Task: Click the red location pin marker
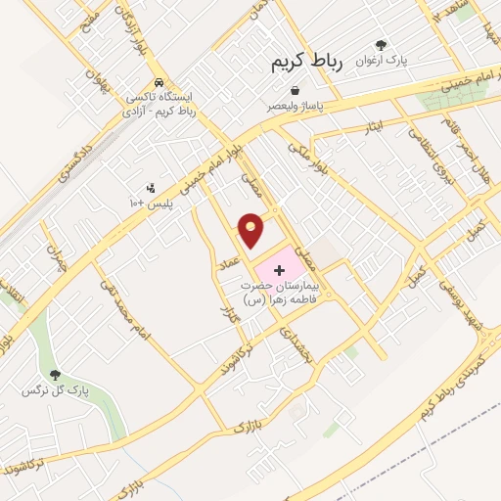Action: tap(251, 230)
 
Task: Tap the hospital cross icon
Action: tap(277, 268)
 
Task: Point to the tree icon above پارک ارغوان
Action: tap(382, 44)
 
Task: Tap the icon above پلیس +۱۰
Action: tap(150, 188)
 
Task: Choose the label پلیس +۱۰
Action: tap(151, 203)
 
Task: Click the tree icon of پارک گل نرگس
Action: tap(54, 375)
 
